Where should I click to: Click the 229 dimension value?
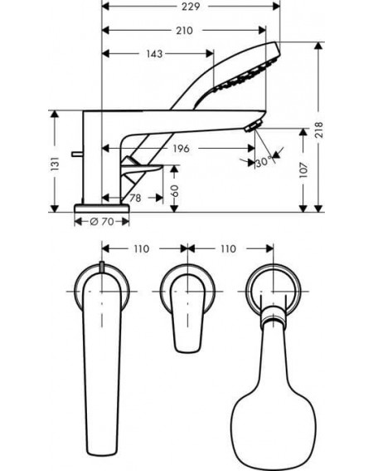191,7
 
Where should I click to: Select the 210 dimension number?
184,31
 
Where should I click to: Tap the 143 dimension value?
154,54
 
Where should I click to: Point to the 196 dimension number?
181,148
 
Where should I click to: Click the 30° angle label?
264,162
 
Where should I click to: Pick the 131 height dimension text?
55,164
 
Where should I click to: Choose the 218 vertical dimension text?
319,130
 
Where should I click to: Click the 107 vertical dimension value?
303,170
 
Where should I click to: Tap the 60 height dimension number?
174,191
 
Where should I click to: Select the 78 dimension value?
135,198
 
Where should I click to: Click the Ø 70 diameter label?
102,222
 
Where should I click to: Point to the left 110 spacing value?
141,248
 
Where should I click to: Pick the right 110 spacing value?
228,248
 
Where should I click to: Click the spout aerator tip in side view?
254,125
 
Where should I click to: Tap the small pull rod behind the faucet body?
77,154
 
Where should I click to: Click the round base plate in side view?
102,209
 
